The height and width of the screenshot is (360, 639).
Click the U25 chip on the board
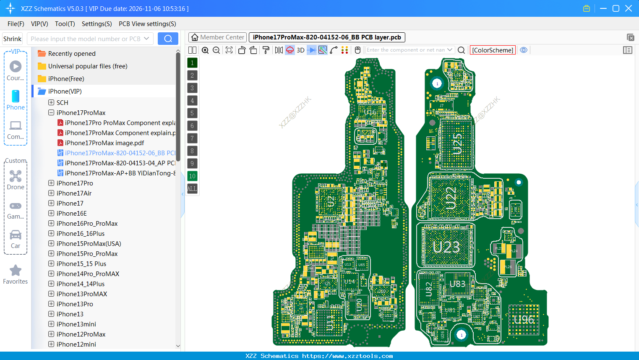(457, 144)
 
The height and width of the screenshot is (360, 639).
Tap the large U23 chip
(446, 247)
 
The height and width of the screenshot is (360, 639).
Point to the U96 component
(524, 320)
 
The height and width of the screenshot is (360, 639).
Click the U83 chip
(457, 284)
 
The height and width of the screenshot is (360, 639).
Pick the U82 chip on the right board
(429, 289)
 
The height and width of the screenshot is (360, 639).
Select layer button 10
(192, 176)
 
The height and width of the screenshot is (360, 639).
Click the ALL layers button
(192, 188)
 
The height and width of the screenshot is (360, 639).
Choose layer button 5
(192, 113)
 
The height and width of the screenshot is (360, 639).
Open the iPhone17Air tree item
(74, 193)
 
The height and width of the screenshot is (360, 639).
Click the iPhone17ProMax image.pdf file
(104, 143)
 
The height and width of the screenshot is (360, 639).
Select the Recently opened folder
(72, 53)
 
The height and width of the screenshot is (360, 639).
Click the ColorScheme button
(493, 50)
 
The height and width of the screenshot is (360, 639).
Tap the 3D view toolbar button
(300, 50)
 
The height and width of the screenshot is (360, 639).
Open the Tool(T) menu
(65, 24)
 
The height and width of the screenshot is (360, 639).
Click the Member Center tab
(217, 37)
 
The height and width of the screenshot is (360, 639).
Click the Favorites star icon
(16, 271)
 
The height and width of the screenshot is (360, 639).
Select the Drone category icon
(16, 176)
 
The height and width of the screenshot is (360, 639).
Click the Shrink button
(12, 39)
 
